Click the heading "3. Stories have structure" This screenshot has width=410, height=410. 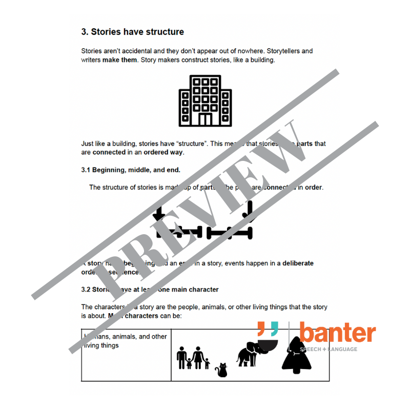tap(132, 32)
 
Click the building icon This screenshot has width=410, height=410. tap(205, 100)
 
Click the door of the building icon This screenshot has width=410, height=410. tap(205, 119)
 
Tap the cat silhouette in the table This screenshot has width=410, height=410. tap(222, 370)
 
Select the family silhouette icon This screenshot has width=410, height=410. tap(193, 357)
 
